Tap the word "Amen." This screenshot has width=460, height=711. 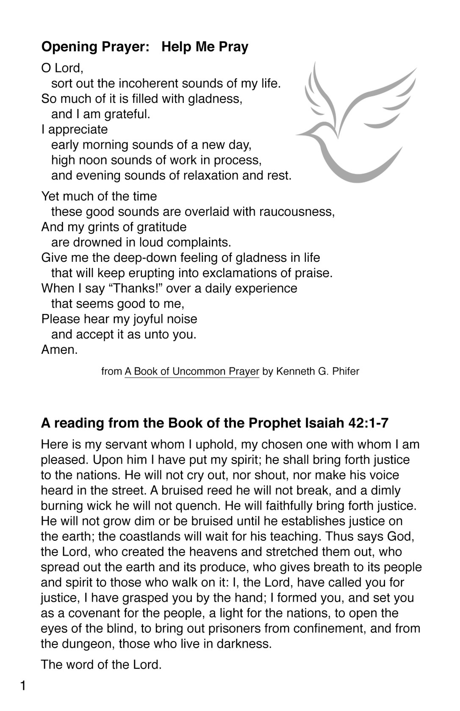[59, 350]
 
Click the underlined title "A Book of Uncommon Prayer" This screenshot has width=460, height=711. [191, 372]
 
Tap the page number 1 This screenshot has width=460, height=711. [23, 686]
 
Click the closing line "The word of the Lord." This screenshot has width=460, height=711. [101, 664]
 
